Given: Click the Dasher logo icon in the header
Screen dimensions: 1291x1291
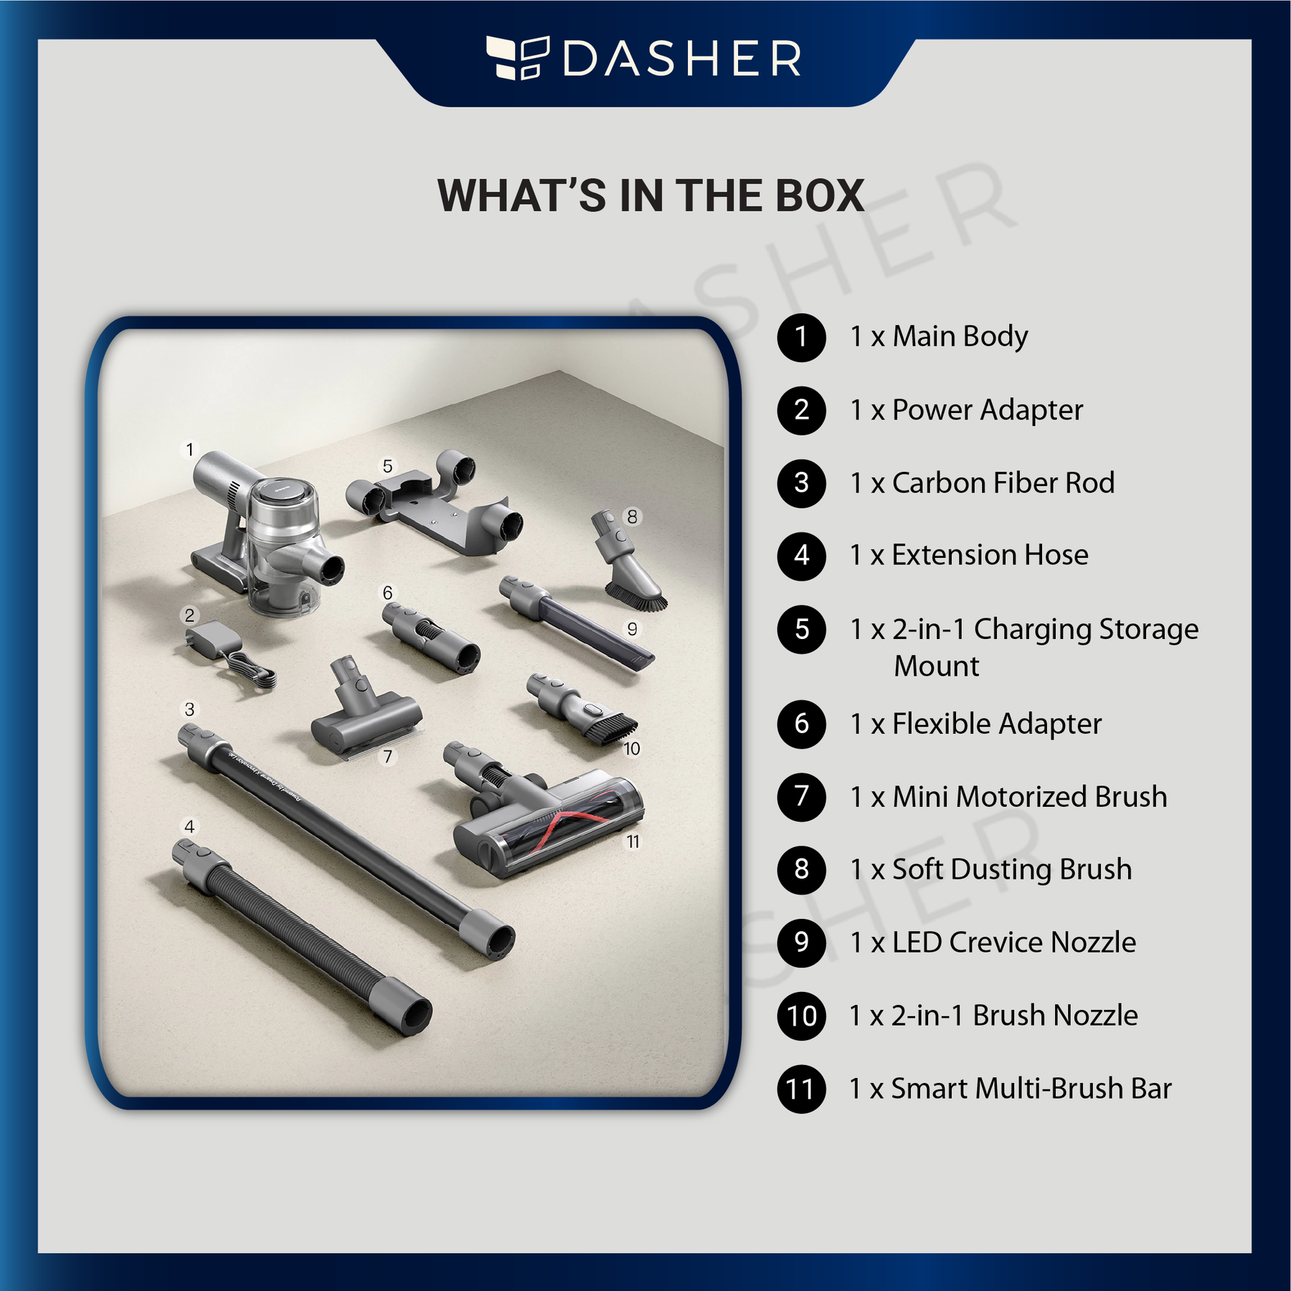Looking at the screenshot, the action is (x=518, y=57).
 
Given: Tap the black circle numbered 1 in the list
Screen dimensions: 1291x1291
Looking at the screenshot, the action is (x=802, y=338).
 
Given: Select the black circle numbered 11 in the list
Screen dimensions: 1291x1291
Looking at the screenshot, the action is (x=802, y=1089).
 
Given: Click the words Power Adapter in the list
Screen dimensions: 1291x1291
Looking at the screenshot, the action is (x=988, y=410).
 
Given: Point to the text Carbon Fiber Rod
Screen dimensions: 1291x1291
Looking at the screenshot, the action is (x=1003, y=483).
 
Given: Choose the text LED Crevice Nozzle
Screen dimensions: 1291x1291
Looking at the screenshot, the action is (x=1014, y=942).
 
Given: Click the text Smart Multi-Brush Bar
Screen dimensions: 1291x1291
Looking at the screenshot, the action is (x=1031, y=1089).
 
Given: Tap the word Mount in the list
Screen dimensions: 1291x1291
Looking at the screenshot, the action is (x=936, y=666).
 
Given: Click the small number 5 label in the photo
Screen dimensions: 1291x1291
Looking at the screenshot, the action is (x=387, y=466).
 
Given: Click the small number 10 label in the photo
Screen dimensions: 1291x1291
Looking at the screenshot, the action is (x=632, y=749).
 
